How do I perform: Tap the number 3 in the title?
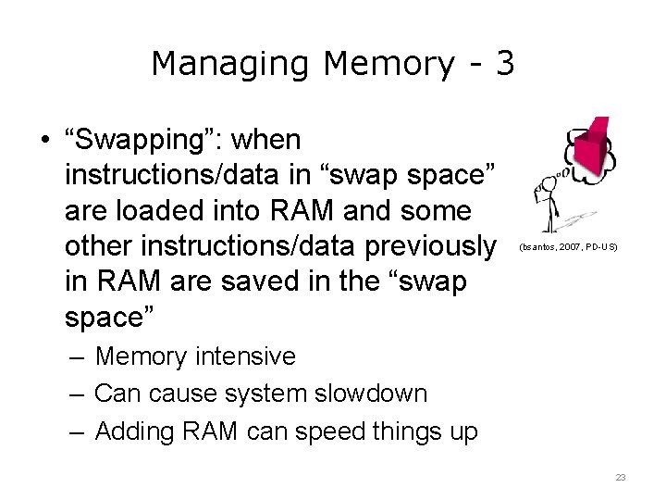pyautogui.click(x=504, y=64)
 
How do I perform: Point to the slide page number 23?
pyautogui.click(x=620, y=477)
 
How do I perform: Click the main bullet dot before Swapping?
pyautogui.click(x=44, y=142)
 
